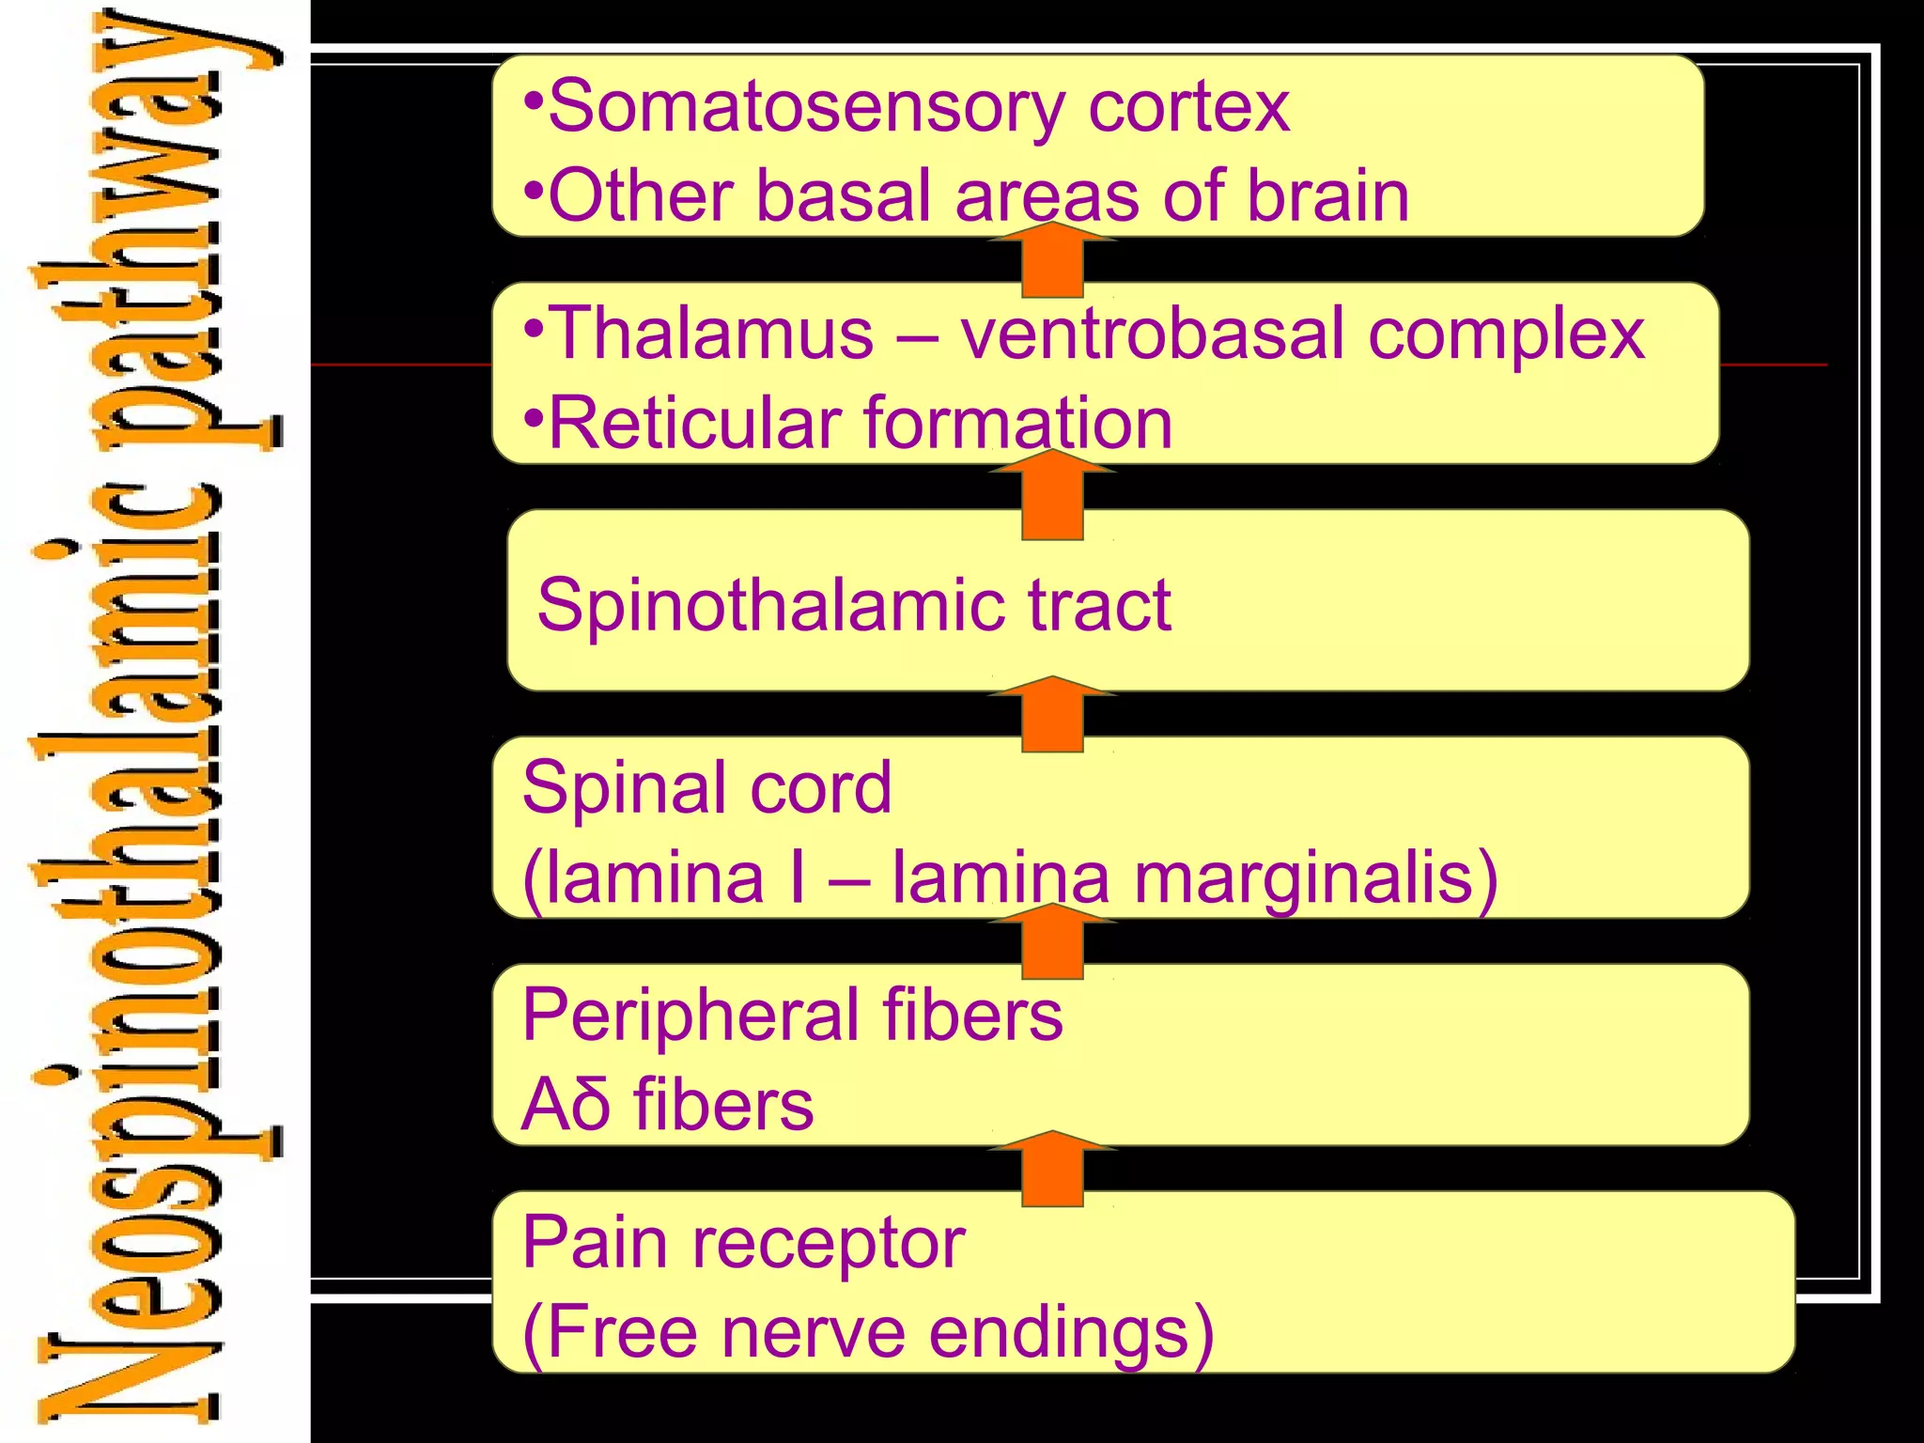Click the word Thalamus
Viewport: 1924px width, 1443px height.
(x=710, y=334)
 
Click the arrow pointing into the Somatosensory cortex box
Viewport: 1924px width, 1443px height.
(x=1052, y=260)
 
